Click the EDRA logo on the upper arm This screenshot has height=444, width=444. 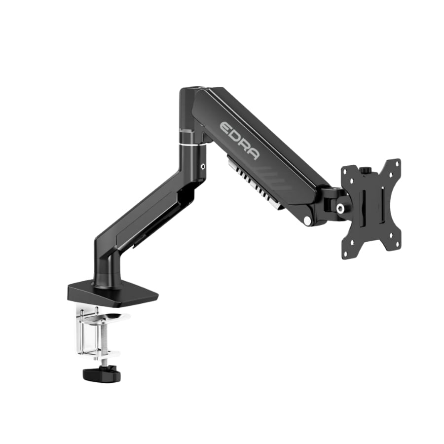click(x=239, y=140)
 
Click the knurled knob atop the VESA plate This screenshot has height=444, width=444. click(x=365, y=170)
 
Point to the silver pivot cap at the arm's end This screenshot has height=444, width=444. click(x=307, y=220)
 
